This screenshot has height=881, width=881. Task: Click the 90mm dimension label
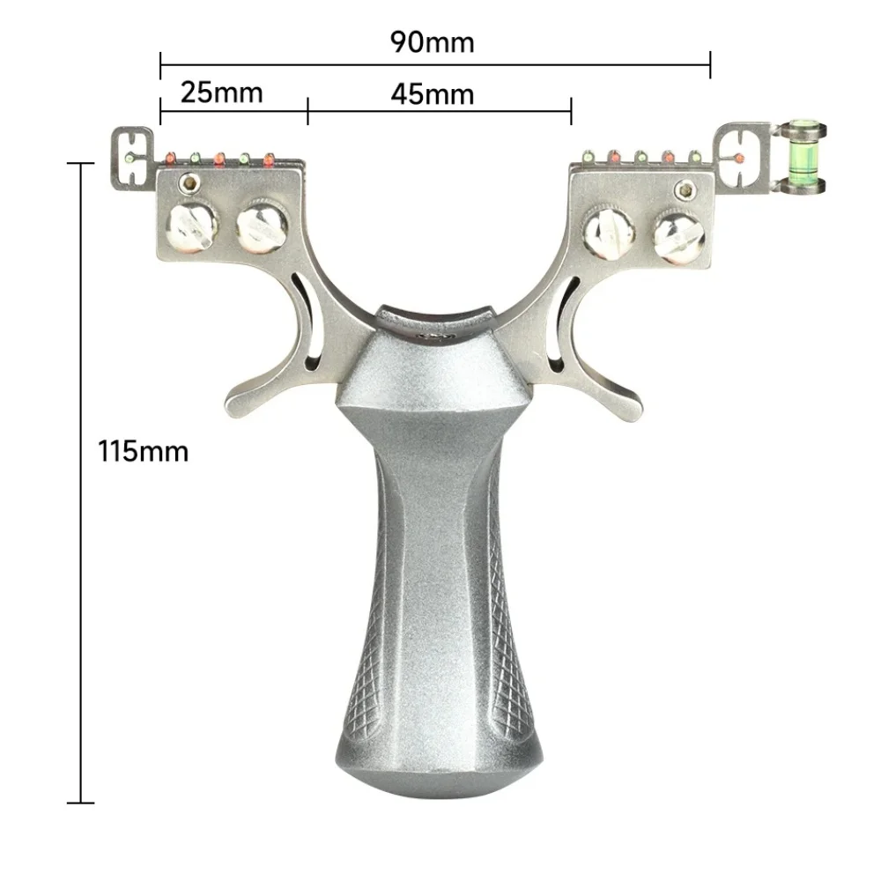[x=432, y=42]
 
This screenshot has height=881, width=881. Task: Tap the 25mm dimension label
[x=221, y=93]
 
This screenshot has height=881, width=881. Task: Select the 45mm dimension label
[x=432, y=94]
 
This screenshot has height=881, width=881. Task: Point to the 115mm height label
[x=143, y=451]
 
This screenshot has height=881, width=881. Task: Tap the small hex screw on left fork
[x=190, y=182]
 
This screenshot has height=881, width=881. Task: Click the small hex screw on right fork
[x=684, y=190]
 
